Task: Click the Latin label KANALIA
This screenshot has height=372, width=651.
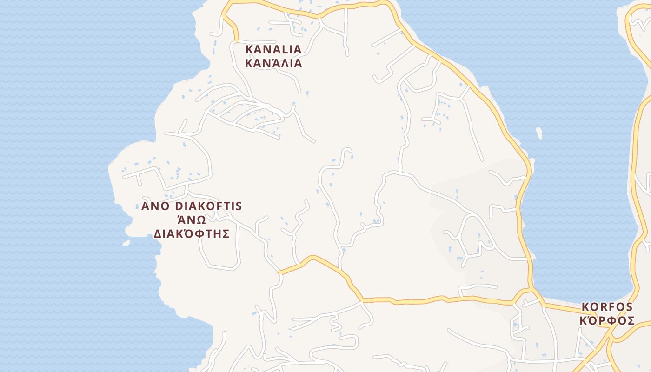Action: click(x=273, y=49)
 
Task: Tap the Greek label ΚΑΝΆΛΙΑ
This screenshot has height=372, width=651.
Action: click(x=273, y=63)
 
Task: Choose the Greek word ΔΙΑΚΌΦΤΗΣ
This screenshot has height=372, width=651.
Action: click(x=192, y=233)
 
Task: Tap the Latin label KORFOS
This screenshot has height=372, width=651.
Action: click(x=607, y=307)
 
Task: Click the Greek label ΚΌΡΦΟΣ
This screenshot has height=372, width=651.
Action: click(x=607, y=321)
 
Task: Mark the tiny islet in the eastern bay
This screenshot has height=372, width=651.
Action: click(x=539, y=133)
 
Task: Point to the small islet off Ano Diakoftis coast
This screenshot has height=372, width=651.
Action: click(x=126, y=243)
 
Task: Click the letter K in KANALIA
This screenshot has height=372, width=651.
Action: click(x=249, y=49)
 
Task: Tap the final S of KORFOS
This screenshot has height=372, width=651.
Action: click(x=629, y=307)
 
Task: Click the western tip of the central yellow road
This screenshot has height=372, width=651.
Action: click(x=279, y=272)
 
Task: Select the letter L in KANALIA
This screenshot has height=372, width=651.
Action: click(x=284, y=49)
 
